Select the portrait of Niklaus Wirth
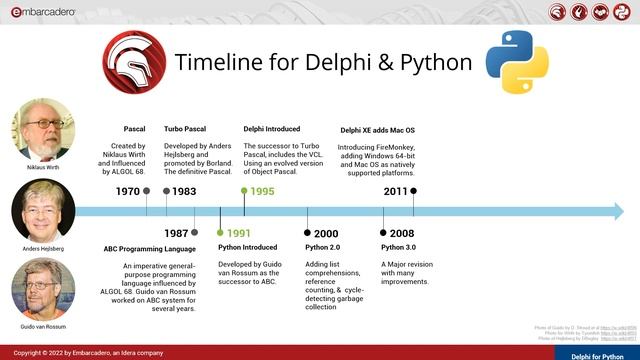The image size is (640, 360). point(43,130)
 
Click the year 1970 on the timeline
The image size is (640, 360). point(127,191)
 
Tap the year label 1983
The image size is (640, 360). point(183,191)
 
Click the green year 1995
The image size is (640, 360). point(261,191)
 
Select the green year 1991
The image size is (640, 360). point(238,232)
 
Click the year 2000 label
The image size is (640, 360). point(325,233)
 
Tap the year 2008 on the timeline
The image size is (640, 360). point(401,233)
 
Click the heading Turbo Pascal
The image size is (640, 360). point(186,129)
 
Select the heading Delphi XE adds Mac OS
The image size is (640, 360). point(377,130)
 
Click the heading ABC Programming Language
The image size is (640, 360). point(150,248)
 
